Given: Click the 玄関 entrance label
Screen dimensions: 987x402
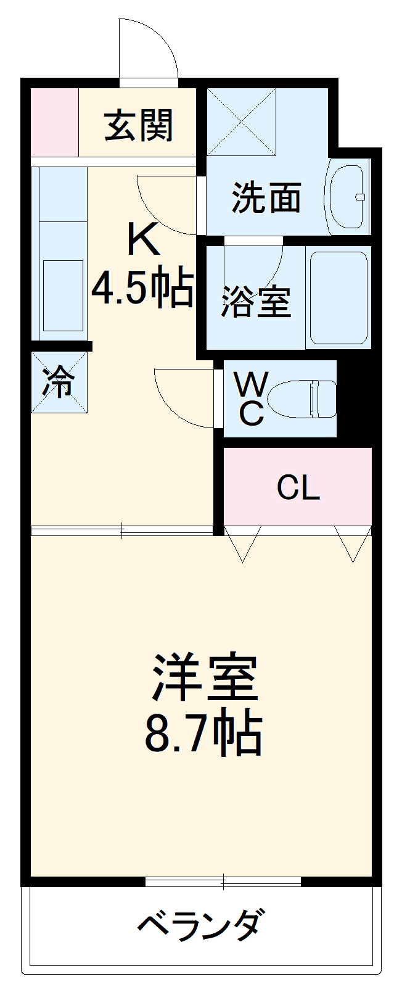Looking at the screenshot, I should tap(139, 125).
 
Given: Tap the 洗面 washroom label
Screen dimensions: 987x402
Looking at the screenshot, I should tap(266, 198).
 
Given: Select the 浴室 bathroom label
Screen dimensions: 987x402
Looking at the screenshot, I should tap(256, 302).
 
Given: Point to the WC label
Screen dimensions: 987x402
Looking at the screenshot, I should tap(252, 399).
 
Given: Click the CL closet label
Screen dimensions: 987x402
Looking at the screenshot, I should tap(298, 488).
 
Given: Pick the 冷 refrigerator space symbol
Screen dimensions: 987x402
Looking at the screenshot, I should tap(59, 382).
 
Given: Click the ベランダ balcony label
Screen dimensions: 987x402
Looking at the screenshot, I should tap(201, 926).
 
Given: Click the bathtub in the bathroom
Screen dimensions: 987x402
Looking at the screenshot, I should tap(338, 297).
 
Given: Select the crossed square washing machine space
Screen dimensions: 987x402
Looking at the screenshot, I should tap(241, 122).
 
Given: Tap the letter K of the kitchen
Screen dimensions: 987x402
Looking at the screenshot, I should tap(143, 240).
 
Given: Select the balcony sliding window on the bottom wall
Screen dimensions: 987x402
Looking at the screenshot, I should tap(223, 882).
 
